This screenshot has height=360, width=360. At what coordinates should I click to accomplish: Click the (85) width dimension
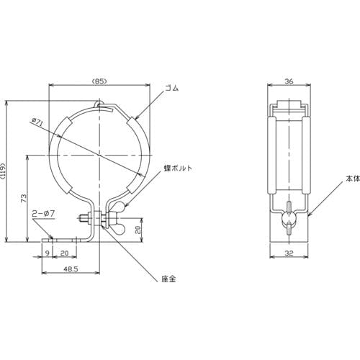coord(99,81)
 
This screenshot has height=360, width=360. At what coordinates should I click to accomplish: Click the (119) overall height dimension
coord(3,171)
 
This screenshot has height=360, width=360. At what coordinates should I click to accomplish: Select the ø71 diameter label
coord(37,122)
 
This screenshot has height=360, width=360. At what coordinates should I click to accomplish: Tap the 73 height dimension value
coord(24,198)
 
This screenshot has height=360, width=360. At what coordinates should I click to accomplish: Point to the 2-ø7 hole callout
coord(43,213)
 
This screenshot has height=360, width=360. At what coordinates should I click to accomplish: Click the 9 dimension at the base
coord(48,253)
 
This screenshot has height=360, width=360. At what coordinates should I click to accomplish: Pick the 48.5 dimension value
coord(71,269)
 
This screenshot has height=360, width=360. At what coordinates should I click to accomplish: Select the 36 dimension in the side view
coord(289,81)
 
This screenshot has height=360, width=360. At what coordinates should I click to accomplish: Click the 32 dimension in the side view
coord(289,253)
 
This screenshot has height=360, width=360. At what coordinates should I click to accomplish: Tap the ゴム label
coord(172,88)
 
